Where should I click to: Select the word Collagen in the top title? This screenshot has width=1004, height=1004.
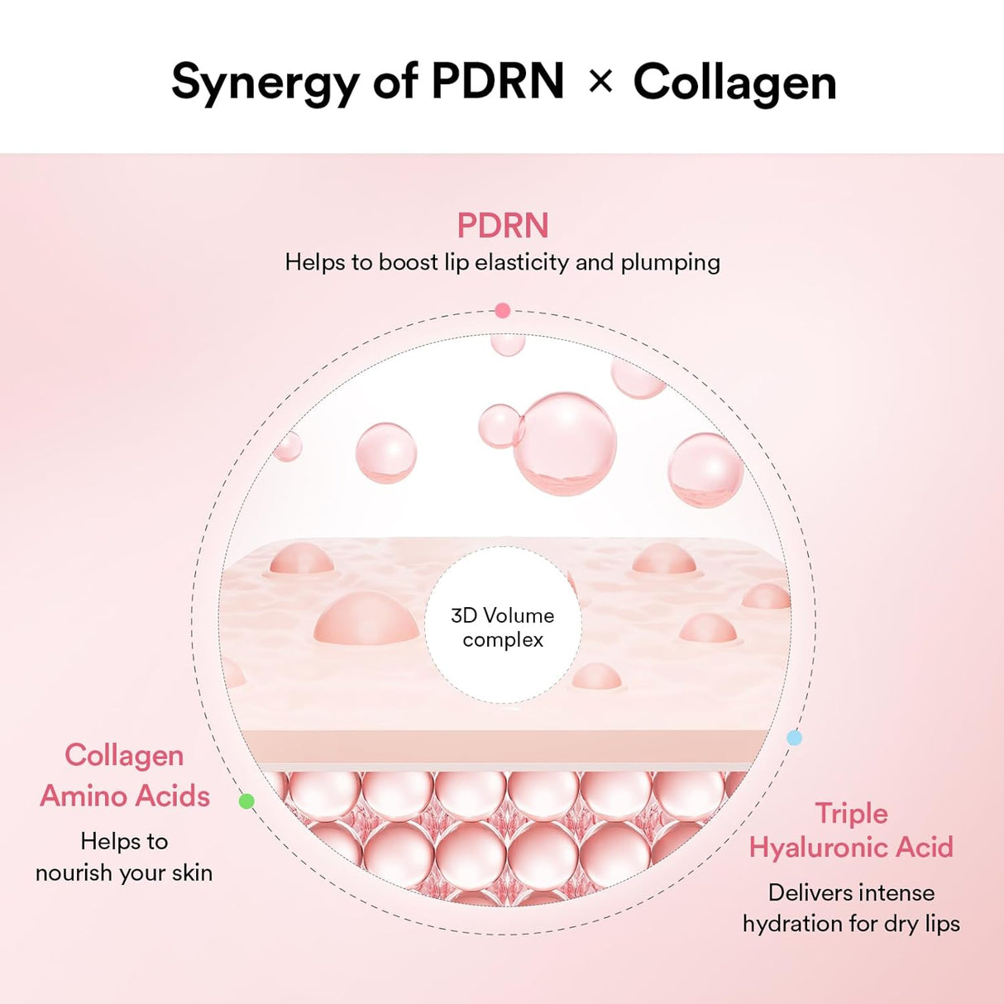[x=734, y=83]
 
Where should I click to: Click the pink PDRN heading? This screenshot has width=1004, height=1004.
[x=503, y=226]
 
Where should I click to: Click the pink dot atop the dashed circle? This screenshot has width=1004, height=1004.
[x=502, y=311]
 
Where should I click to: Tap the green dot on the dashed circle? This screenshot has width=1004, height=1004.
[x=246, y=801]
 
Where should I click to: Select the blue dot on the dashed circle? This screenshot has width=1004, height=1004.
[x=794, y=738]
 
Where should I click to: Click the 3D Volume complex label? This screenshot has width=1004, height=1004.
[x=503, y=627]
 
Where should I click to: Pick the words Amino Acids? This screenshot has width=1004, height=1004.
[x=125, y=796]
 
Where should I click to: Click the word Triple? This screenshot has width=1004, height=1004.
[x=851, y=813]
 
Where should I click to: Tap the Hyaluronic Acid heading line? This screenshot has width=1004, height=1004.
[x=851, y=847]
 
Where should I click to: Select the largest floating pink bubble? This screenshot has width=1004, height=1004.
[x=565, y=442]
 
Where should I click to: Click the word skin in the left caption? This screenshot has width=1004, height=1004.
[x=192, y=873]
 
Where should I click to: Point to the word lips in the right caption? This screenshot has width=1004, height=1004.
[x=942, y=923]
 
